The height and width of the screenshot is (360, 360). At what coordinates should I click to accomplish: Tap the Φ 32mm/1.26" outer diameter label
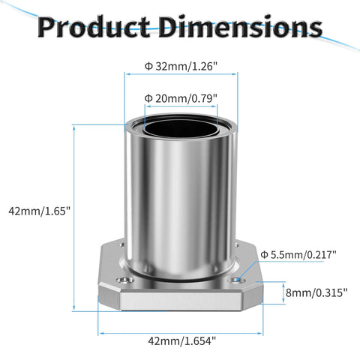pyautogui.click(x=181, y=65)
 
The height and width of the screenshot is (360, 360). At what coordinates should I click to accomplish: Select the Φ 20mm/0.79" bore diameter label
pyautogui.click(x=181, y=97)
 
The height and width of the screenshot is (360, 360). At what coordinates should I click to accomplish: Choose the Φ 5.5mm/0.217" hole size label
pyautogui.click(x=298, y=255)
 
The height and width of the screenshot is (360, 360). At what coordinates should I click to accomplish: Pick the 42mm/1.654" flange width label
pyautogui.click(x=181, y=341)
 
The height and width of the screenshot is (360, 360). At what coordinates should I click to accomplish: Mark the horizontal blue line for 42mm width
pyautogui.click(x=180, y=332)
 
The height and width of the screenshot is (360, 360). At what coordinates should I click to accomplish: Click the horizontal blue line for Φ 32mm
pyautogui.click(x=181, y=73)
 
